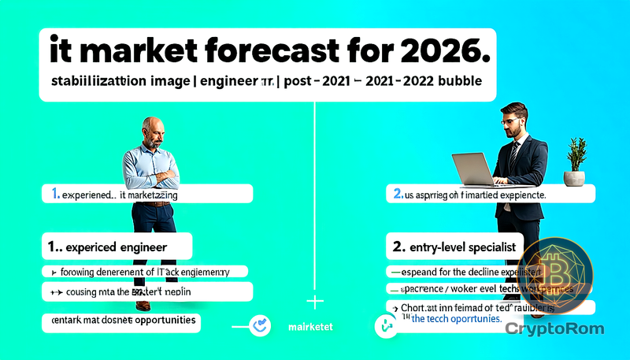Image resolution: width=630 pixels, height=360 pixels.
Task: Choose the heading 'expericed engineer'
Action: tap(117, 247)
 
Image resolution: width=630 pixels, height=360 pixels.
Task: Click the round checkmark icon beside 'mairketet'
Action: tap(259, 325)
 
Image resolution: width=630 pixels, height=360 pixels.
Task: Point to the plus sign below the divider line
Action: tap(314, 302)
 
